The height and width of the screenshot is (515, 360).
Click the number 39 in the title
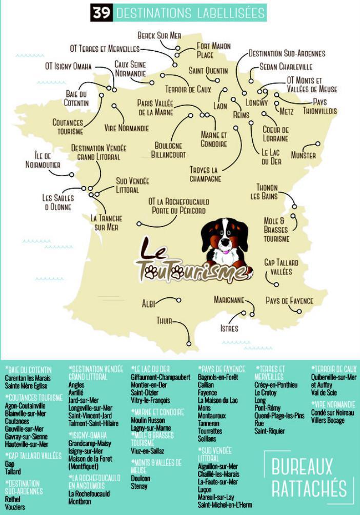[x=102, y=13]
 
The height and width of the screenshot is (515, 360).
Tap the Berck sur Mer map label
[x=159, y=35]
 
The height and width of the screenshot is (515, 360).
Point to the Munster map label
[x=303, y=155]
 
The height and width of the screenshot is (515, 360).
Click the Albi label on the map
[x=148, y=304]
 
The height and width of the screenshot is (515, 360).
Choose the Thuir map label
[x=164, y=321]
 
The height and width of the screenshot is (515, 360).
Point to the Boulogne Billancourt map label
[x=168, y=150]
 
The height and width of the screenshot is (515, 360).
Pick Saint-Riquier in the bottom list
[x=269, y=431]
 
